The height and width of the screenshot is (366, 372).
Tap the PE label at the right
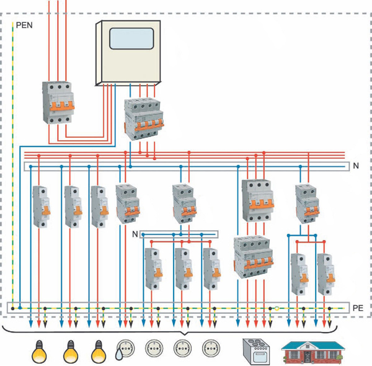tap(357, 308)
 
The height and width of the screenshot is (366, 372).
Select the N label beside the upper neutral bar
tap(356, 166)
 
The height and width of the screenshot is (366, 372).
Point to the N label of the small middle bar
tap(135, 233)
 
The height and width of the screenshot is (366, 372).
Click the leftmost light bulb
tap(38, 351)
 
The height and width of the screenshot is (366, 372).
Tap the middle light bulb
tap(70, 351)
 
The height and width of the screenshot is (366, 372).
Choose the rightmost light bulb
tap(99, 351)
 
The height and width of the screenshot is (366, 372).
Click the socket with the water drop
tap(126, 349)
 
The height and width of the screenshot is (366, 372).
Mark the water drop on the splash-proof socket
tap(119, 355)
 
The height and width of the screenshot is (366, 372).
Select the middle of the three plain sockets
tap(182, 349)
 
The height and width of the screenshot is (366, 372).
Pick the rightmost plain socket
tap(211, 349)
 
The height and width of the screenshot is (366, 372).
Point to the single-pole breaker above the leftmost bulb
tap(41, 207)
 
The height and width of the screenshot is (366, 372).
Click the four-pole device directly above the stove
tap(253, 258)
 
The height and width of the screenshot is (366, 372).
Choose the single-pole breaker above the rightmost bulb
tap(99, 207)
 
